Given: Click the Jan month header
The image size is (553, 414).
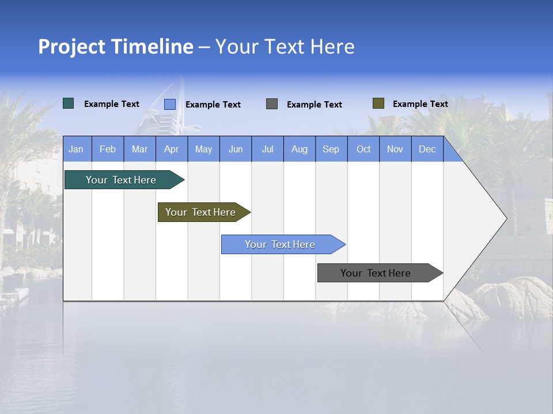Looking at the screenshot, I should click(76, 149).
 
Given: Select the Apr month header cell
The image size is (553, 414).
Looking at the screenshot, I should click(172, 149).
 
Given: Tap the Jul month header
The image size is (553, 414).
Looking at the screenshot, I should click(268, 149).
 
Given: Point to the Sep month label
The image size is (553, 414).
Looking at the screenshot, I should click(331, 149).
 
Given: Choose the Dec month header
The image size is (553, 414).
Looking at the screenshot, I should click(427, 149).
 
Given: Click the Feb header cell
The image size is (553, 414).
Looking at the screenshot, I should click(108, 149).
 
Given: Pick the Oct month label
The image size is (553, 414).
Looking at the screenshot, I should click(363, 149).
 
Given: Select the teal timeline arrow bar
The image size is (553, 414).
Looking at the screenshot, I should click(121, 180).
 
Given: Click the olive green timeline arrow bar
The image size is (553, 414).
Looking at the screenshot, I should click(200, 212).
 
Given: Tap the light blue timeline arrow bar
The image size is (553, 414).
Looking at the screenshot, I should click(280, 244).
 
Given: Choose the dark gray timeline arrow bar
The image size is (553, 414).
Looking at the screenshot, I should click(376, 273).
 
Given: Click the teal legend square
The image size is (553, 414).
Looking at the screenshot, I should click(69, 103).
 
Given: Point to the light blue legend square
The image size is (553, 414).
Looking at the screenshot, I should click(170, 104).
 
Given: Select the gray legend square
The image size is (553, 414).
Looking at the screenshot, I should click(272, 104).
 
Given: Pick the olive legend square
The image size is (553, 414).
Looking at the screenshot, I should click(378, 103).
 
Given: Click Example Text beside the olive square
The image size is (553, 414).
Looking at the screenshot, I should click(420, 104).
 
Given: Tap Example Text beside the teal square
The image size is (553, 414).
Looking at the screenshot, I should click(112, 104).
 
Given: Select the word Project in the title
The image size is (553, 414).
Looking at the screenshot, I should click(72, 47).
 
